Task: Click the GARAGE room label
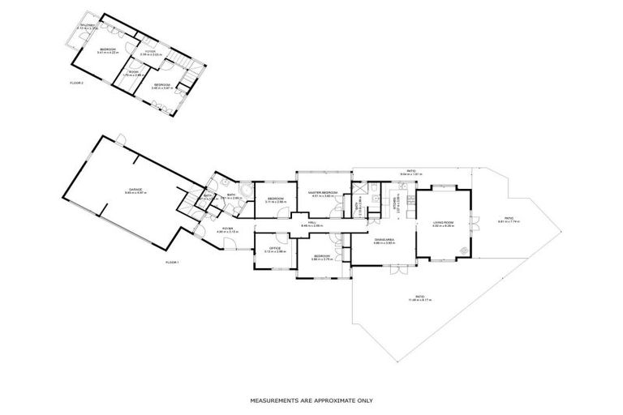click(x=135, y=191)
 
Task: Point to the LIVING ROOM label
click(x=442, y=223)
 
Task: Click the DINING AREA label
click(x=384, y=240)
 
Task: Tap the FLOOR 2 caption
click(x=77, y=82)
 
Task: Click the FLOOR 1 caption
click(x=172, y=263)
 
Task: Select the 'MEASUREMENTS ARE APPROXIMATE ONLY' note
click(x=311, y=400)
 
